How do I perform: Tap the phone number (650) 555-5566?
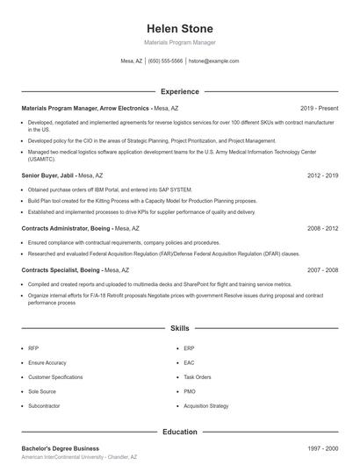pyautogui.click(x=165, y=61)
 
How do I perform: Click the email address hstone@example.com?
pyautogui.click(x=213, y=61)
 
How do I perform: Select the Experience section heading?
pyautogui.click(x=179, y=91)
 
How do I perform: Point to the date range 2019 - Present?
pyautogui.click(x=319, y=107)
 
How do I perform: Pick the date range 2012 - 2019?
pyautogui.click(x=322, y=175)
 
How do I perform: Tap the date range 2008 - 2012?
pyautogui.click(x=322, y=228)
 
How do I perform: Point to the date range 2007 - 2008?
pyautogui.click(x=322, y=270)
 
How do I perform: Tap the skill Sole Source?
pyautogui.click(x=41, y=391)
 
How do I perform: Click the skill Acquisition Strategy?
pyautogui.click(x=206, y=406)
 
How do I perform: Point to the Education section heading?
pyautogui.click(x=179, y=432)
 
